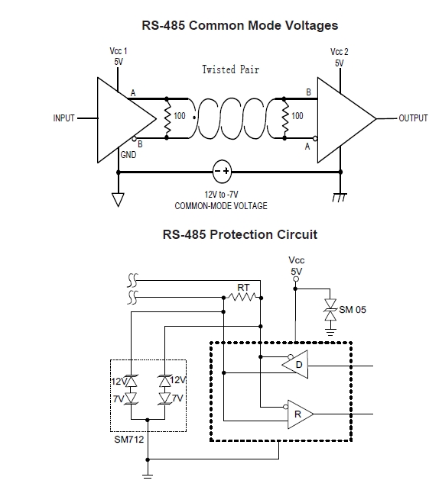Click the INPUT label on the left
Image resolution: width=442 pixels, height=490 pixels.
(x=64, y=118)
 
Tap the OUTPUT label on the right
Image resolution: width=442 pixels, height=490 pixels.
(x=413, y=118)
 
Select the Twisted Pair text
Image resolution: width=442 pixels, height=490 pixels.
(x=231, y=69)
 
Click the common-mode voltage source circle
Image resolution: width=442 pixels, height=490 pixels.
(x=222, y=171)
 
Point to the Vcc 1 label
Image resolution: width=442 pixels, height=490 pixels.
(x=119, y=51)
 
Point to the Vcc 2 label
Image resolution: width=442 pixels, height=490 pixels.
(x=340, y=52)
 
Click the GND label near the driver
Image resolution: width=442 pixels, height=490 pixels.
(x=128, y=155)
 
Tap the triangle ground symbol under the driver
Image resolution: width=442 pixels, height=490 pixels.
(x=118, y=200)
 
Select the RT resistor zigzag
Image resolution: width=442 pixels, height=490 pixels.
(x=242, y=297)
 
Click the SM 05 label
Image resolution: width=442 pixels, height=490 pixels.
(x=353, y=310)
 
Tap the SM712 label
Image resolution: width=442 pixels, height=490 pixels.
(x=129, y=440)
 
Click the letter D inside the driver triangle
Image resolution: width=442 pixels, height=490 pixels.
(x=299, y=364)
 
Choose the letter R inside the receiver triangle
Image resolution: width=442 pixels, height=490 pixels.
(x=297, y=414)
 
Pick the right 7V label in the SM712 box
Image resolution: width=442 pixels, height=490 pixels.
(x=177, y=398)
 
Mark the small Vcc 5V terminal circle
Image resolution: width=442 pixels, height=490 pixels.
(x=296, y=279)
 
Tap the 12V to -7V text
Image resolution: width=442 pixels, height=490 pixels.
(x=221, y=195)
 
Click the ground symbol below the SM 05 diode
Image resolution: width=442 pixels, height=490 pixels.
(x=330, y=332)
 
